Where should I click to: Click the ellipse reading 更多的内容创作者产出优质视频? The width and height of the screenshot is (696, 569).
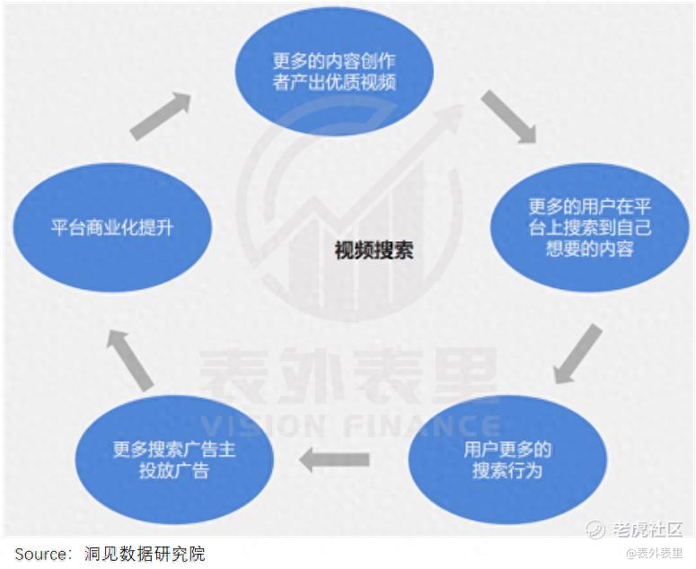334,71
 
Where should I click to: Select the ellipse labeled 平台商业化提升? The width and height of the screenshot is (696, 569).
112,228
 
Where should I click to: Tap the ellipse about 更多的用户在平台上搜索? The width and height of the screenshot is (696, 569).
589,228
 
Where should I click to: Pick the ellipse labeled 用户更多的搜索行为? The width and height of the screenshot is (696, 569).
507,460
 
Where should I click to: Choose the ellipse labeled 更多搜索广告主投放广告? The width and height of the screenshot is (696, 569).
174,460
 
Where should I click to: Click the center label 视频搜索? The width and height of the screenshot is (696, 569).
374,250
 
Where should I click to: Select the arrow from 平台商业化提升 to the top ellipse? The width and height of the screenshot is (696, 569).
161,116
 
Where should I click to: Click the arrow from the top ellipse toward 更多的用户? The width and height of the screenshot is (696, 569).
509,117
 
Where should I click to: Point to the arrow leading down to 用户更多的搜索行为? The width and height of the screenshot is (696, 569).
578,354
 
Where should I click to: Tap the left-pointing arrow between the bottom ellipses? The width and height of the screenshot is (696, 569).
334,460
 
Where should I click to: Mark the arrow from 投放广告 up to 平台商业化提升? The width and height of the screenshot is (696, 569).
130,360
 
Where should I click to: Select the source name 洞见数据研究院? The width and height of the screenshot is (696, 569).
145,554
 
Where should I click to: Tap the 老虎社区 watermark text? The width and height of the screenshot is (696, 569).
648,529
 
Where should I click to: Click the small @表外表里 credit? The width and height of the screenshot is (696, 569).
655,553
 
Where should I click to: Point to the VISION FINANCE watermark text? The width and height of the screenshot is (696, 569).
350,425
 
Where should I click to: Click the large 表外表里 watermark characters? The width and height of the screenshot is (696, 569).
348,376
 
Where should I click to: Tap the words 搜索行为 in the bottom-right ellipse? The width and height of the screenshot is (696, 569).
507,470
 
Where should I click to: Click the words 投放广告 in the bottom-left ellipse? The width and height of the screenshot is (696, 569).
174,470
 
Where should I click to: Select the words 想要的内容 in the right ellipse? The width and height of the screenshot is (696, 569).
589,249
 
